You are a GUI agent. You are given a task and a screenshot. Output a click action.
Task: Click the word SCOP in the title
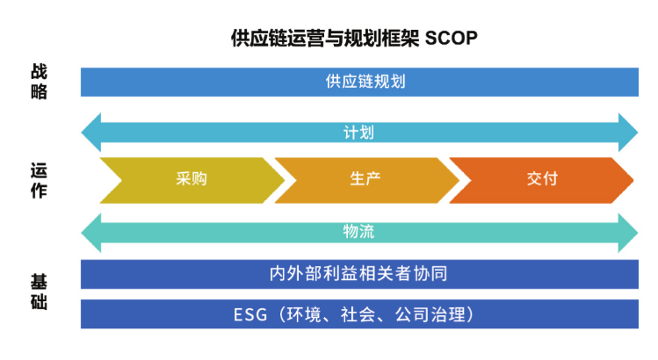point(451,40)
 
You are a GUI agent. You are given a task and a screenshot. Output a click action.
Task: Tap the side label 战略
point(39,82)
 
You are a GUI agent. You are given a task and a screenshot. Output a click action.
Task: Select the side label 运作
point(39,179)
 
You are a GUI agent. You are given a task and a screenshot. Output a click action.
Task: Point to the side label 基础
point(39,293)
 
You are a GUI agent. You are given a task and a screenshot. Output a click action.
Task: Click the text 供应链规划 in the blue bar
point(358,82)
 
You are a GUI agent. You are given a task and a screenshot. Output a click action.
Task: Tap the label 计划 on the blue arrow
point(358,133)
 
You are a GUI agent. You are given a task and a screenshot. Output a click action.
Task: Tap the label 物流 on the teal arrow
point(358,232)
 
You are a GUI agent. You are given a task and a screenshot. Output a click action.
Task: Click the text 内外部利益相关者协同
point(358,274)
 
